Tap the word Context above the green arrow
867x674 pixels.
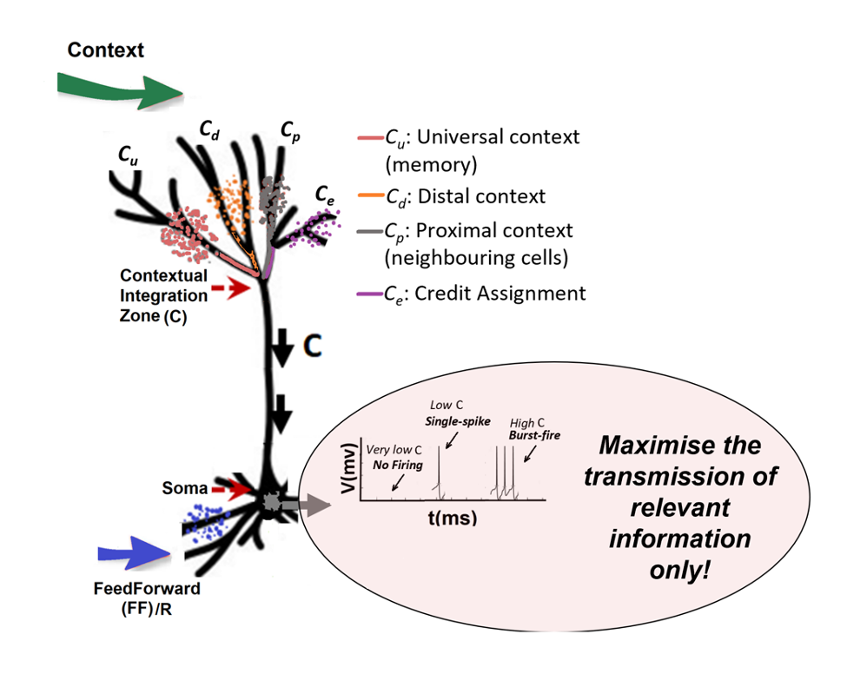click(x=106, y=50)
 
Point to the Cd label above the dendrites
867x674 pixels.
click(x=208, y=130)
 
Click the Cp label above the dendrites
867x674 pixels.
click(x=290, y=130)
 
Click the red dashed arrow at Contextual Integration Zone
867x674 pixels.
click(x=229, y=289)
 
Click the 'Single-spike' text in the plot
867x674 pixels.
click(x=458, y=421)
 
